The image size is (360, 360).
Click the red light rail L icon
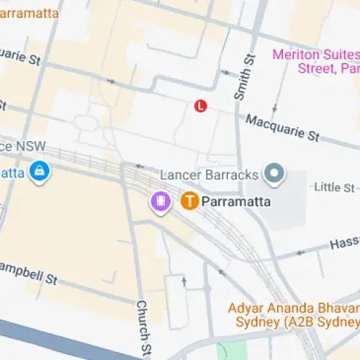tap(201, 106)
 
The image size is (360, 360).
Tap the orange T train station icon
tap(190, 202)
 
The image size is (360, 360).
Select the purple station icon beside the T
tap(161, 201)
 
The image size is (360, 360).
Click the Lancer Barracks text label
tap(208, 175)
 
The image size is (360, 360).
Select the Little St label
tap(334, 187)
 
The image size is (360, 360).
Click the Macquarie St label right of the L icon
tap(282, 127)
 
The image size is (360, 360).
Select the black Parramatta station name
tap(236, 202)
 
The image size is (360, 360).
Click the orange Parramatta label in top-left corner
tap(28, 12)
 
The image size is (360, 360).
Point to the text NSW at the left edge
tap(32, 146)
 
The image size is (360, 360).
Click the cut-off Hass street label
tap(343, 244)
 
